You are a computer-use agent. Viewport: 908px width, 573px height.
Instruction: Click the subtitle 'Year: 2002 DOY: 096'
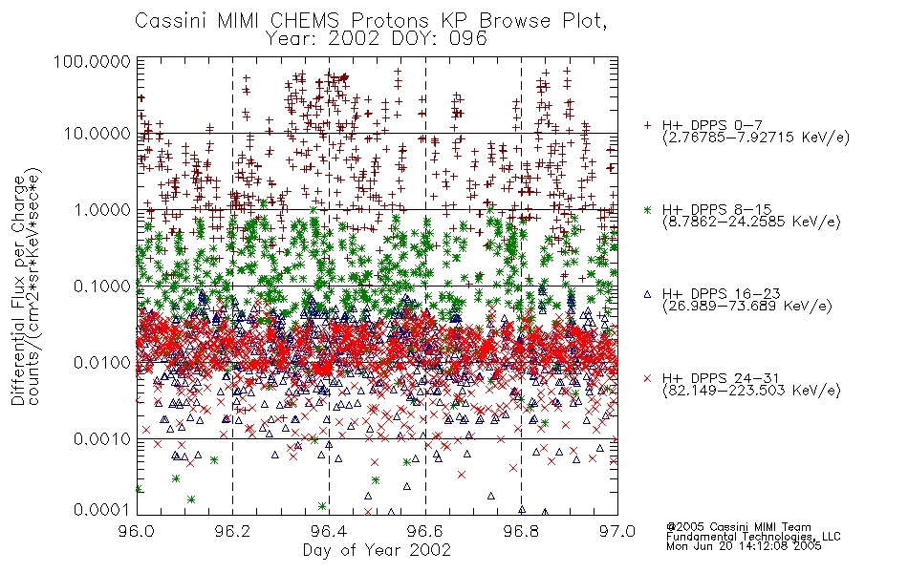377,39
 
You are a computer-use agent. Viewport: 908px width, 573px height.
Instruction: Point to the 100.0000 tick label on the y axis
92,61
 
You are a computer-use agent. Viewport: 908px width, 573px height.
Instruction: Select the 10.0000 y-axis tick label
97,134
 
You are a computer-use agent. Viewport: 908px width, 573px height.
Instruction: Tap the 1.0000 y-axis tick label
102,209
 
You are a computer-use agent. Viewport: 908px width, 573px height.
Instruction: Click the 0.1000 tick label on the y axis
102,286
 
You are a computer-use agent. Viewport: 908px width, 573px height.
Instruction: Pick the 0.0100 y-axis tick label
102,363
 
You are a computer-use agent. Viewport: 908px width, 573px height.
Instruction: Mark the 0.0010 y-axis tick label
102,439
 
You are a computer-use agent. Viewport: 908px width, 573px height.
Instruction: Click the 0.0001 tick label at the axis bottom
102,510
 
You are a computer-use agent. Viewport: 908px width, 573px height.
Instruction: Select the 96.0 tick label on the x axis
137,531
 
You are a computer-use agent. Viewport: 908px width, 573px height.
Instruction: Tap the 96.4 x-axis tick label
329,531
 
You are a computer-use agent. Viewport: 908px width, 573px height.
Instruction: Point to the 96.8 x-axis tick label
521,531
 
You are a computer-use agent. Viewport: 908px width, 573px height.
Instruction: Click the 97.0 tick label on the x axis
617,531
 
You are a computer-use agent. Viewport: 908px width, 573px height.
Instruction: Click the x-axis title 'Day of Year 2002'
377,550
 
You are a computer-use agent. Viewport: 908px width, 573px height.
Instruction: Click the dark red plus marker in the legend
647,125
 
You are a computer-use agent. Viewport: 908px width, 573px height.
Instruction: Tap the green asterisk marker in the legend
647,209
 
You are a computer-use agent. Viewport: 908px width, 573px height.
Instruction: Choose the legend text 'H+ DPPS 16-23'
722,293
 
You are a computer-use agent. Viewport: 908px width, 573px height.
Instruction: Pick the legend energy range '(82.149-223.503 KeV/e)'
751,391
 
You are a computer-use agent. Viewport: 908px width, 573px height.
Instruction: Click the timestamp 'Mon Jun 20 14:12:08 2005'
744,546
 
